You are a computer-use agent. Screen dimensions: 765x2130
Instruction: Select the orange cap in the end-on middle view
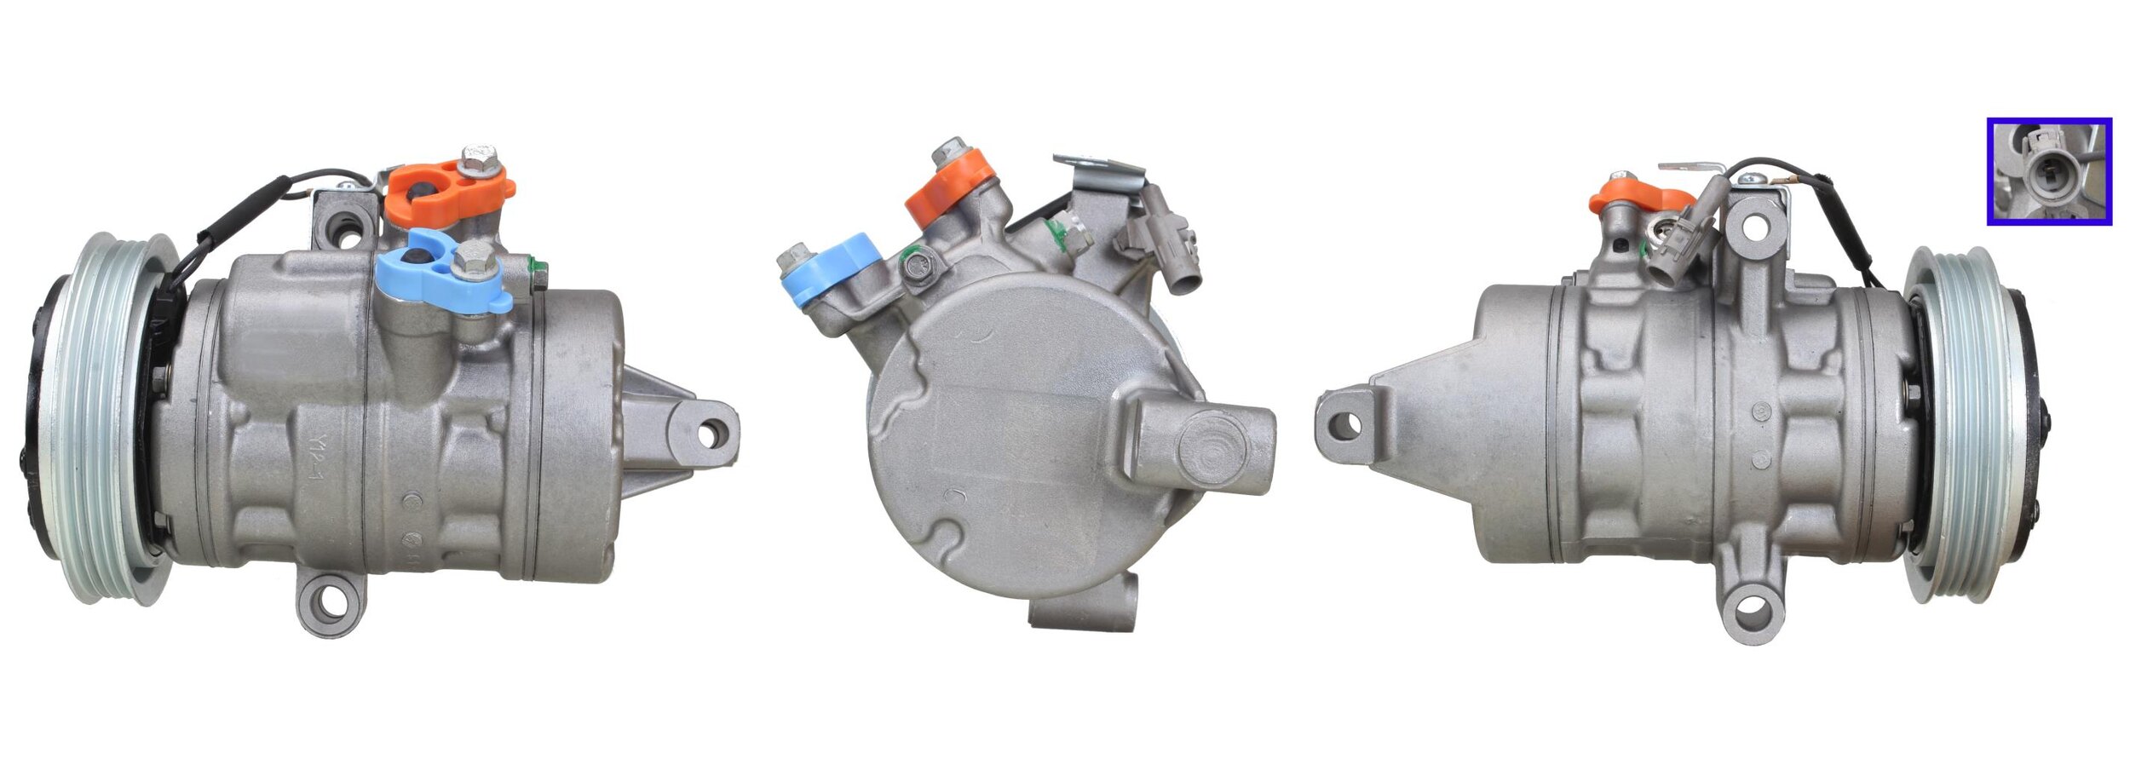coord(950,189)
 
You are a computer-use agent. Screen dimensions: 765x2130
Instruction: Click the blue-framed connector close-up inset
coord(2049,171)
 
